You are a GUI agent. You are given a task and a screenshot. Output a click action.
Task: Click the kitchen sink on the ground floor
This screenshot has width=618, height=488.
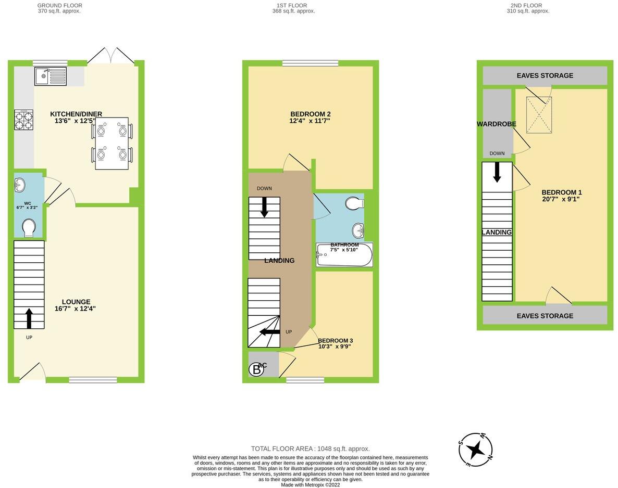point(51,76)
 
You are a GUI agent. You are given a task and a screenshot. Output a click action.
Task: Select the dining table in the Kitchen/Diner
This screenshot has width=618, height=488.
point(112,143)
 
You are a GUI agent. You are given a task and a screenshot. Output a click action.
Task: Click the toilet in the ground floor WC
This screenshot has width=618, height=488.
point(29,227)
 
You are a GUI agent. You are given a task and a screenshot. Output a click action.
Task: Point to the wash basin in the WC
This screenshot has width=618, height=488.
point(20,185)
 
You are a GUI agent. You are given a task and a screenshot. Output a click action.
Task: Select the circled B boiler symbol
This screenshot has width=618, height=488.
point(255,370)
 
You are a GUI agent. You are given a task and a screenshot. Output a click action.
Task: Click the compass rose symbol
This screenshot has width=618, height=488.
point(475,449)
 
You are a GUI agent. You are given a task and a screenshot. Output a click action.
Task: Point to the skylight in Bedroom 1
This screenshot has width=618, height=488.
point(539,115)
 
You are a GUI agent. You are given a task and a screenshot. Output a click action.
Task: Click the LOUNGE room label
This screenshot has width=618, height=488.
point(76,302)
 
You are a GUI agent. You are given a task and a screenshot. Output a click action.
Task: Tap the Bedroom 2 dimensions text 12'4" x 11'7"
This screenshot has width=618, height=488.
point(310,121)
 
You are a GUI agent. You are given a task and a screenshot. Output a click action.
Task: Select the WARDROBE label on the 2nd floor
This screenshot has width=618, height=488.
point(497,124)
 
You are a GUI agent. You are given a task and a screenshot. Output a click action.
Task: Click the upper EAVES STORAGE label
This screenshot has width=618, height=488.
point(545,75)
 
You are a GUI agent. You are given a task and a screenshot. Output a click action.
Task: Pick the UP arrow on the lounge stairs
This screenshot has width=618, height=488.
point(29,318)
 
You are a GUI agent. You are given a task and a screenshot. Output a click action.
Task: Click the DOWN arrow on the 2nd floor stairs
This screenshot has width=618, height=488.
point(497,172)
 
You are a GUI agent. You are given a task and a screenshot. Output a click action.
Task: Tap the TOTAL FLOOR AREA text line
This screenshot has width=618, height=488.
point(310,448)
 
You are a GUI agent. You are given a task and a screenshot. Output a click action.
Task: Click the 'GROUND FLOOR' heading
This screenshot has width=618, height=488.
point(59,5)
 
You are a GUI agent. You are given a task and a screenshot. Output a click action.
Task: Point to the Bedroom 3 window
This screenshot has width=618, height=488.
point(305,380)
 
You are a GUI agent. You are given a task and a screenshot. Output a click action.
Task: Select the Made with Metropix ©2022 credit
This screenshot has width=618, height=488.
point(310,485)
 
